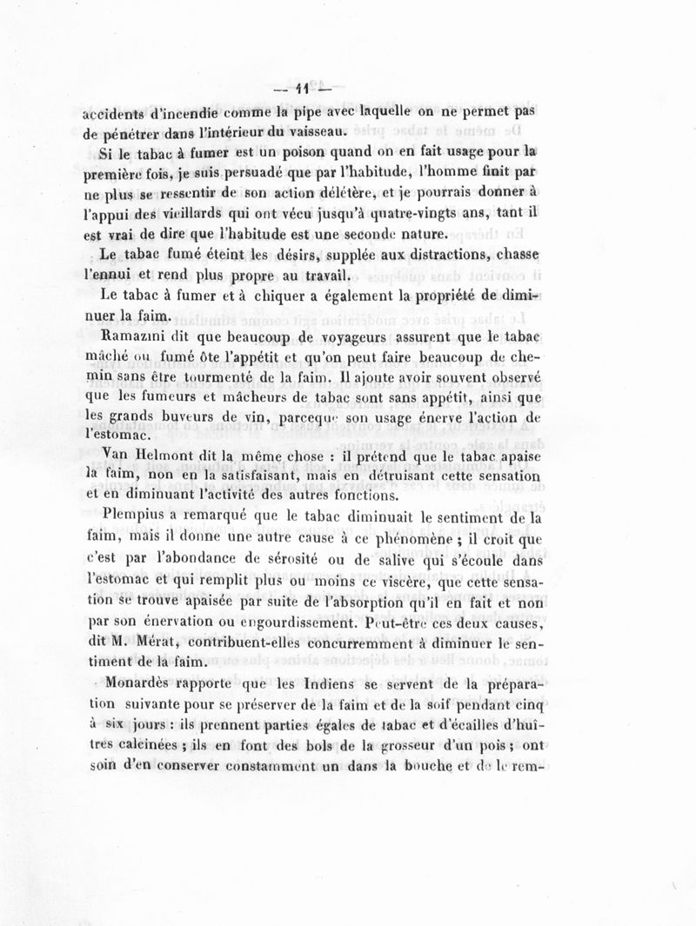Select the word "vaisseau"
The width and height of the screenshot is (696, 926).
[312, 132]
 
